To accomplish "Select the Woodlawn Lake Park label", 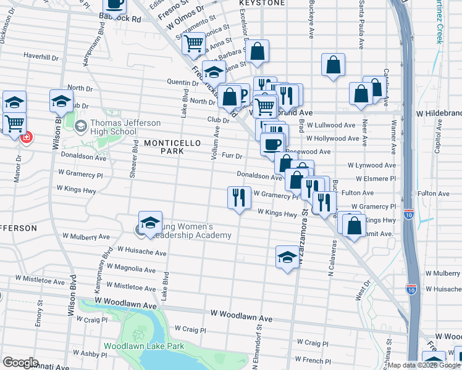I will click(144, 346).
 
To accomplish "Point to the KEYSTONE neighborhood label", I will click(262, 3).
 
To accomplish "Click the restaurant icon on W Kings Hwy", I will click(239, 198).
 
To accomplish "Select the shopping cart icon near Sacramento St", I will click(194, 43).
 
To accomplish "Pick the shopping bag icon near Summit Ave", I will click(355, 226).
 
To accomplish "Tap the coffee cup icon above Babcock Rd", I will click(114, 4).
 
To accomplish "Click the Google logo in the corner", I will click(20, 362).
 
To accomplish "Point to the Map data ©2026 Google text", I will click(423, 365).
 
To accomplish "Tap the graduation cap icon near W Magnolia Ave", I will click(287, 256).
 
